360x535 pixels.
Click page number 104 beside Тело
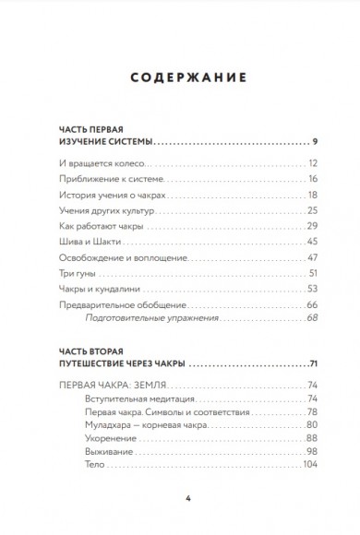click(310, 464)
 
